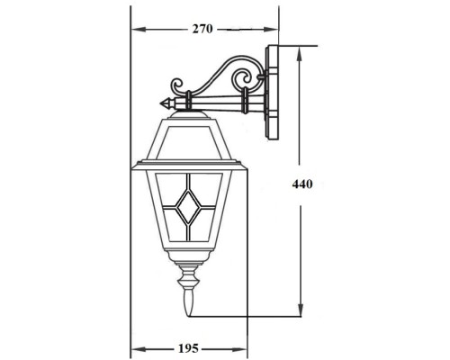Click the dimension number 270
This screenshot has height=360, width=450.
(x=202, y=29)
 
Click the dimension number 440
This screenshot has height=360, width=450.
(x=302, y=184)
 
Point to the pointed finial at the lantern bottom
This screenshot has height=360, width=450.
(x=188, y=306)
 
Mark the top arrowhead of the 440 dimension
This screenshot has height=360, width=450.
(x=301, y=50)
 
